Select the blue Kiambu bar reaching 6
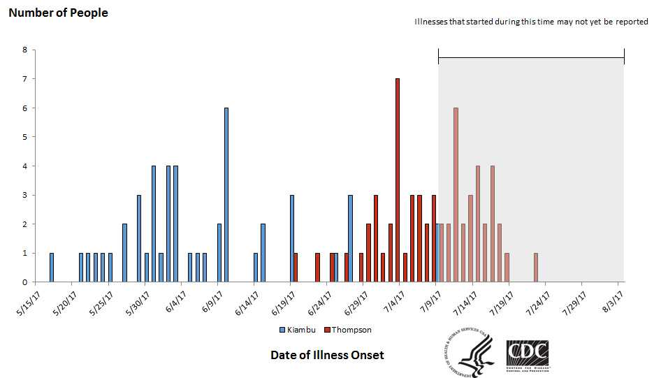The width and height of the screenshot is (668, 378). pyautogui.click(x=226, y=195)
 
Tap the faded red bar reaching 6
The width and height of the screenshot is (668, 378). pyautogui.click(x=456, y=195)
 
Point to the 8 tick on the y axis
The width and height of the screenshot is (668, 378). pyautogui.click(x=25, y=50)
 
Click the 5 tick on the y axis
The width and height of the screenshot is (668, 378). pyautogui.click(x=25, y=137)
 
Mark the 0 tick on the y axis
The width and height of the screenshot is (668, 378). pyautogui.click(x=25, y=282)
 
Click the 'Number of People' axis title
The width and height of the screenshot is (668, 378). pyautogui.click(x=58, y=13)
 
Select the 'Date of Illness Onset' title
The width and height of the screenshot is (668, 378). pyautogui.click(x=327, y=355)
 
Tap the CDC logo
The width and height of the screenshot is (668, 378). pyautogui.click(x=527, y=353)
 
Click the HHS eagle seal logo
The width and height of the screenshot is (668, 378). pyautogui.click(x=469, y=353)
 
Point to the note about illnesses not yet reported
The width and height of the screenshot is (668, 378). pyautogui.click(x=531, y=22)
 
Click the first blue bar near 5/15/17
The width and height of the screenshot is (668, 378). pyautogui.click(x=52, y=268)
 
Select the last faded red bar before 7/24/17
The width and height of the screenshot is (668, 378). pyautogui.click(x=536, y=268)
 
